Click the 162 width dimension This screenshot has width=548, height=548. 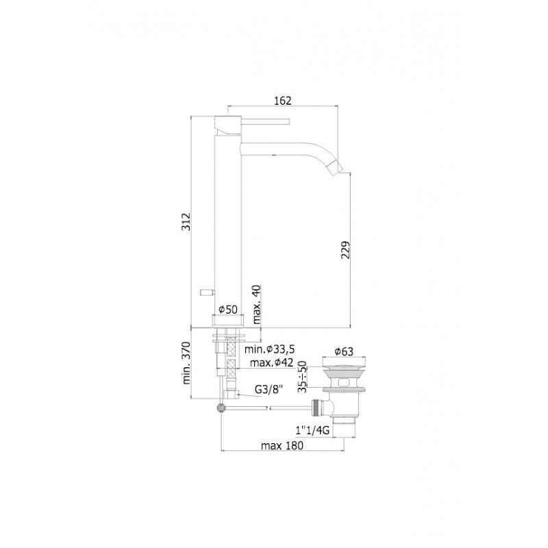pos(282,101)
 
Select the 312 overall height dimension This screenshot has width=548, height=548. pos(186,221)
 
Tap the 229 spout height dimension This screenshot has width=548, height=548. pos(345,249)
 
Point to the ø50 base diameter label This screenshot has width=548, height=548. pos(228,310)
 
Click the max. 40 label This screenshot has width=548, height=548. pos(256,304)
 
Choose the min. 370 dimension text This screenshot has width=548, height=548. pos(186,363)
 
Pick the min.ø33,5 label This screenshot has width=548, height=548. pos(270,349)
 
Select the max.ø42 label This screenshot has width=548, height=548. pos(271,363)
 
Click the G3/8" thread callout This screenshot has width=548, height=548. pos(268,389)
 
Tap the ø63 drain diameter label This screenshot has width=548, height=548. pos(344,351)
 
